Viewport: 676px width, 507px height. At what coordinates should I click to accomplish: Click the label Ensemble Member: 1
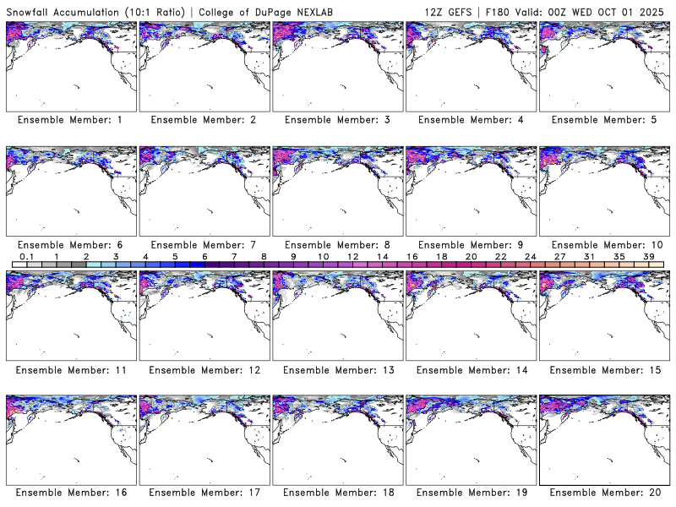(70, 120)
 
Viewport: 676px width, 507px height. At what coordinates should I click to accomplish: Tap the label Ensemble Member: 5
(604, 120)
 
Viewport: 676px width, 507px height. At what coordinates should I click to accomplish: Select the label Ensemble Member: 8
(337, 245)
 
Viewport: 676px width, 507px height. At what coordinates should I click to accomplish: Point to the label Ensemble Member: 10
(604, 245)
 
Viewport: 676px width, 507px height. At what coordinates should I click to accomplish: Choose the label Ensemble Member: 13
(337, 369)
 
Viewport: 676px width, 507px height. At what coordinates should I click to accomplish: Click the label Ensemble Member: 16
(70, 492)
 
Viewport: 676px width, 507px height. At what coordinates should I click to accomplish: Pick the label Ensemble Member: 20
(604, 492)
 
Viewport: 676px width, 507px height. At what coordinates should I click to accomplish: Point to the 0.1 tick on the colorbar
(26, 256)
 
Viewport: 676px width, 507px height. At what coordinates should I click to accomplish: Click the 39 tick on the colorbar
(648, 256)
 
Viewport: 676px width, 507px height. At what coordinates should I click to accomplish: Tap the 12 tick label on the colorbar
(352, 256)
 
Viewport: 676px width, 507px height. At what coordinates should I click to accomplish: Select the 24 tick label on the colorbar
(530, 256)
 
